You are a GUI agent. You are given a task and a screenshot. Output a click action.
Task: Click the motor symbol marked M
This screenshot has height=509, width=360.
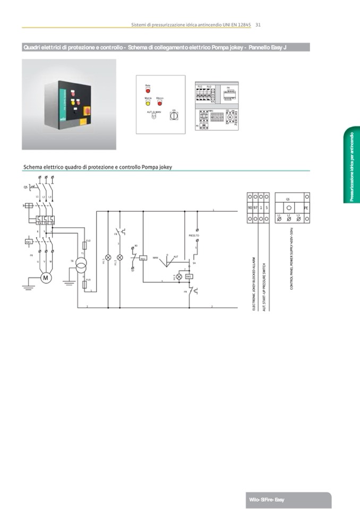45,277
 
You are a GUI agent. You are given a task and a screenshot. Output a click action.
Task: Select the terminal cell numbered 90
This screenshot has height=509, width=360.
250,207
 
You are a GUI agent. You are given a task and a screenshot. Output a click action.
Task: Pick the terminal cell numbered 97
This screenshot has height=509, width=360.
256,207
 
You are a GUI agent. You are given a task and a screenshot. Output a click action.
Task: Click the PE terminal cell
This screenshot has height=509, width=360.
306,208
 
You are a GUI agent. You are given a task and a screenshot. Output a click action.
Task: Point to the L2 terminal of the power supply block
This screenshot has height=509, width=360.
288,218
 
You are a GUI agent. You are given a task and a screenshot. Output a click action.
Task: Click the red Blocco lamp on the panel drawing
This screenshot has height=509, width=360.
159,103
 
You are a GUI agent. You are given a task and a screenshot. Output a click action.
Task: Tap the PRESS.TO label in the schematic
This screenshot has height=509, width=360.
194,235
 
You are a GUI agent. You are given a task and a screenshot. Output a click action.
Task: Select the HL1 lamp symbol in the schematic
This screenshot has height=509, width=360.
108,257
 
